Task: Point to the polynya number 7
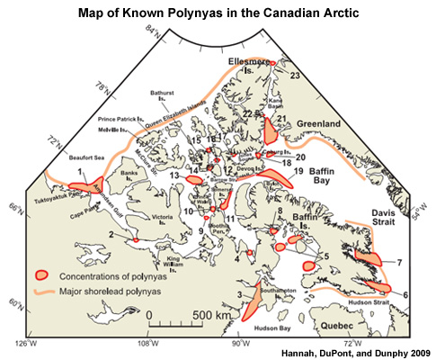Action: tap(398, 262)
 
